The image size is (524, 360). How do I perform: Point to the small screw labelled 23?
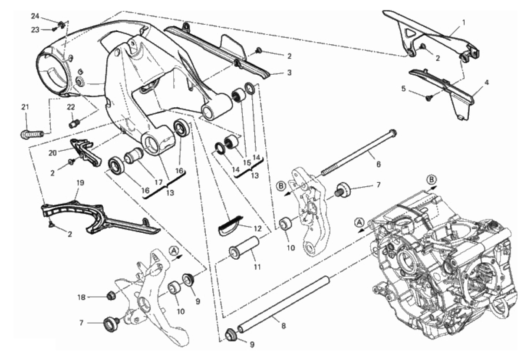click(54, 30)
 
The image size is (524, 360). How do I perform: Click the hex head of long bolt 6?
click(393, 131)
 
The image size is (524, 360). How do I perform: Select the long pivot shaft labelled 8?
click(282, 304)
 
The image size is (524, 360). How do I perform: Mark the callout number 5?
click(404, 89)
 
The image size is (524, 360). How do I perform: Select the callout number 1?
click(464, 22)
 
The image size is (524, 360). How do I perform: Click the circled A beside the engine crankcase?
click(359, 222)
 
